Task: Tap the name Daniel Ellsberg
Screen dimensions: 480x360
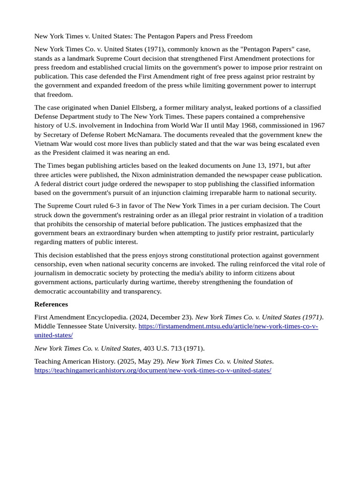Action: coord(134,107)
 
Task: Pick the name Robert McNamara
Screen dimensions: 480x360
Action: coord(135,135)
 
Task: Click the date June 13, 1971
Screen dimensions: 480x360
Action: coord(224,165)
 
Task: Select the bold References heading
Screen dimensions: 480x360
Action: coord(51,304)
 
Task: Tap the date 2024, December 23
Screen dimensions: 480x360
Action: coord(157,317)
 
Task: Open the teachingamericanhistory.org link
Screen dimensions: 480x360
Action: coord(153,370)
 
